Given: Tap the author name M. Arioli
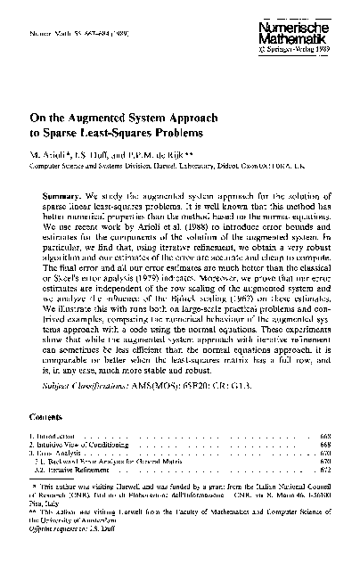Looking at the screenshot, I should (x=52, y=153).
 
